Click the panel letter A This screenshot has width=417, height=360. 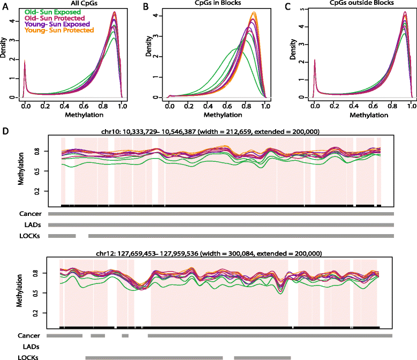tap(5, 4)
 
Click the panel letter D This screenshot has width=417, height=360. tap(5, 130)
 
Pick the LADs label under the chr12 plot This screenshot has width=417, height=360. tap(31, 347)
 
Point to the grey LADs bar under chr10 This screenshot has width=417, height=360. tap(221, 224)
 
